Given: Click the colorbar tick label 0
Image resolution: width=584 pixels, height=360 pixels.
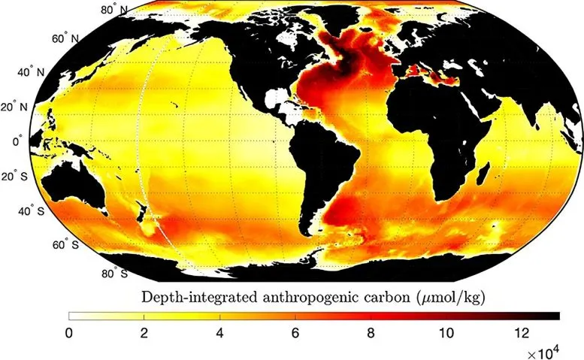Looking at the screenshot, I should pyautogui.click(x=69, y=332).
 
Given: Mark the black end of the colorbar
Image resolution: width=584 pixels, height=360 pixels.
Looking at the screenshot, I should pyautogui.click(x=549, y=316).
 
